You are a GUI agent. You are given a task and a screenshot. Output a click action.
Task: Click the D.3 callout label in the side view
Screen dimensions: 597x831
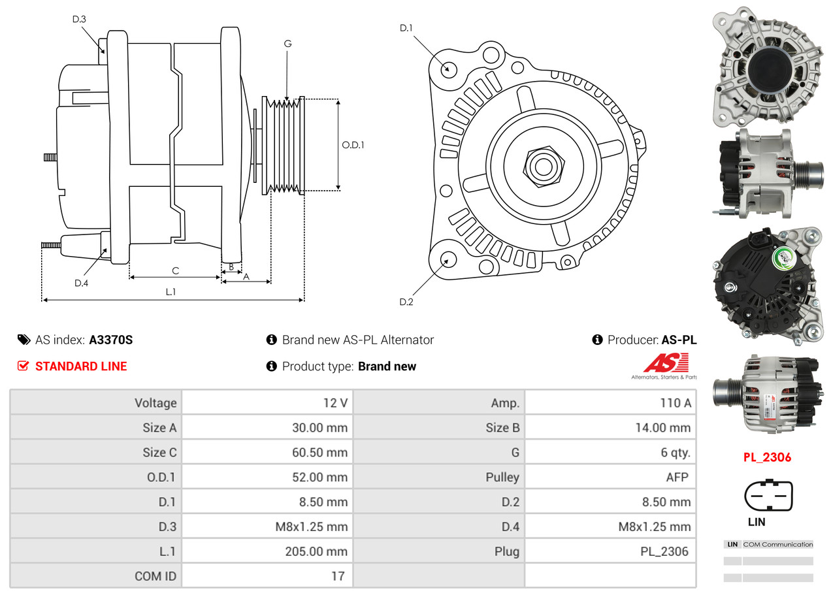[x=79, y=19]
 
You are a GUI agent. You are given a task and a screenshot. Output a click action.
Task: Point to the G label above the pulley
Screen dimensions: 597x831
[x=287, y=44]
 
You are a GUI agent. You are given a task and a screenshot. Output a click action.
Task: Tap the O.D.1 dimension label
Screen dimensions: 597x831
[x=353, y=145]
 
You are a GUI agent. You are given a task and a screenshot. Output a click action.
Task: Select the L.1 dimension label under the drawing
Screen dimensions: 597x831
[x=171, y=292]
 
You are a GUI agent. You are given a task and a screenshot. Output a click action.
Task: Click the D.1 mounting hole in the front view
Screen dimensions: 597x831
[x=448, y=69]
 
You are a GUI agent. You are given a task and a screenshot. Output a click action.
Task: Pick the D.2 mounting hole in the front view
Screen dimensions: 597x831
[x=448, y=260]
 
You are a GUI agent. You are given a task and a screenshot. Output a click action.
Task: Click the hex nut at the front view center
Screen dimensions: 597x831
[x=542, y=165]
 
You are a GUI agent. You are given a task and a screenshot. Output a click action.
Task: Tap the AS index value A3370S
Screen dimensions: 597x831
[x=111, y=340]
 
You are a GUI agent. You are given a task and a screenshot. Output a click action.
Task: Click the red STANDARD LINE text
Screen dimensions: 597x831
[x=81, y=366]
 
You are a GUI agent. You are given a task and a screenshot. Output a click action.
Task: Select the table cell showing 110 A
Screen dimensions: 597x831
[x=676, y=403]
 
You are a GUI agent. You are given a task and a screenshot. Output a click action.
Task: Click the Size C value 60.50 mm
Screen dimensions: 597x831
[x=319, y=453]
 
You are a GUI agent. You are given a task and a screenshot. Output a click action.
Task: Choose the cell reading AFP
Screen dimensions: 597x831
[x=677, y=477]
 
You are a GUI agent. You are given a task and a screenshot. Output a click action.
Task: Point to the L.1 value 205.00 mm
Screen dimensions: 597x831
[x=316, y=552]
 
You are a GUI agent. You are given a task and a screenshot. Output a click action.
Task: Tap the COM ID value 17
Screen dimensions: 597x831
[x=337, y=577]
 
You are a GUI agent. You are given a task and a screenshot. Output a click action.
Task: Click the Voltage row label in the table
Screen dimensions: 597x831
[x=155, y=403]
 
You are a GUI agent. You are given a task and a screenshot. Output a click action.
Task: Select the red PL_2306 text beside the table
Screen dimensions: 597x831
[x=767, y=457]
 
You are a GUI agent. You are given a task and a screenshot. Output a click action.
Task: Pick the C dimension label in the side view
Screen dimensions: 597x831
[x=175, y=270]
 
